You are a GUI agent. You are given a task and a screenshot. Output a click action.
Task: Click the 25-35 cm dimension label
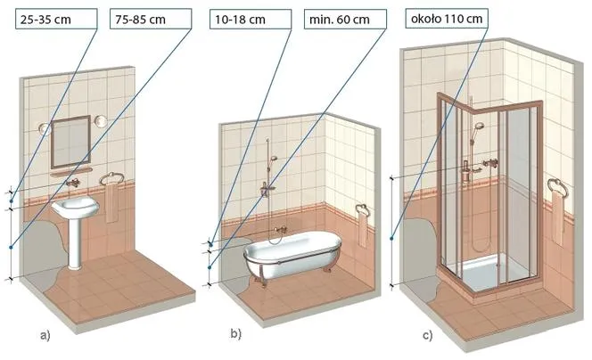click(45, 20)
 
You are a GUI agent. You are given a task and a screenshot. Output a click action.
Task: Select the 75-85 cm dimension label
click(140, 20)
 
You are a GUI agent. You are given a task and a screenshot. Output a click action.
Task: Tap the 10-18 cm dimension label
click(240, 20)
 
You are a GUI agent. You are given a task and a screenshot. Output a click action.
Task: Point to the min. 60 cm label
click(339, 20)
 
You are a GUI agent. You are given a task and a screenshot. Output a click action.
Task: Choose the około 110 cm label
click(447, 18)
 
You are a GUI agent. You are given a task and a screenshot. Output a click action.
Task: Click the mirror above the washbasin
click(70, 142)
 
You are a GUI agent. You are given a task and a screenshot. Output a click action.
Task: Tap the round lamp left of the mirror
click(45, 128)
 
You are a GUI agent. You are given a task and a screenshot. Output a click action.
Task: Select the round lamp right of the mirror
click(101, 121)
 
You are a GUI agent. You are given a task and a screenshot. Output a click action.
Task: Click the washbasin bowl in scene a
click(75, 208)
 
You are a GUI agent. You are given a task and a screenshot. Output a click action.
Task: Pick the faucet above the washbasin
click(73, 183)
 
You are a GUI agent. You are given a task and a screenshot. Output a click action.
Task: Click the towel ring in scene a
click(111, 178)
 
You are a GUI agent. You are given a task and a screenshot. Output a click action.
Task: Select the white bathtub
click(292, 253)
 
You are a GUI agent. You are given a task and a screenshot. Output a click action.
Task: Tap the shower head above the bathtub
click(274, 158)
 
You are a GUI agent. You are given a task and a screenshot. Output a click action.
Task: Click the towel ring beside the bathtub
click(362, 209)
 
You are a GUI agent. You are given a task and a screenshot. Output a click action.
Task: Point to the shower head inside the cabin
click(479, 126)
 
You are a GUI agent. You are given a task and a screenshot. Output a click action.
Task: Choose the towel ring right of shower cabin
click(557, 187)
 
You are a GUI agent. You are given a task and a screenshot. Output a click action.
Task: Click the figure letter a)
click(45, 335)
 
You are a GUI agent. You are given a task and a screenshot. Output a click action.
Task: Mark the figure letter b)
click(235, 333)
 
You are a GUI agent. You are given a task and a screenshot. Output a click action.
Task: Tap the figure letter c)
click(428, 335)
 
